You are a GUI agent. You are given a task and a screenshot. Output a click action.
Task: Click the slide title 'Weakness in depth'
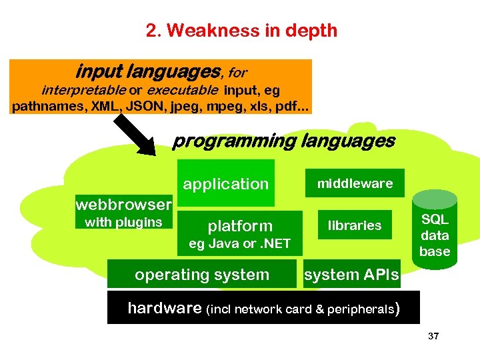241,31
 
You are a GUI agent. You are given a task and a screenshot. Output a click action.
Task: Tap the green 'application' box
225,183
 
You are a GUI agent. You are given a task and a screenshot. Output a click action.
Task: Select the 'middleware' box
355,183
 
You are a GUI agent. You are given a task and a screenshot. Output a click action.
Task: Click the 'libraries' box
355,225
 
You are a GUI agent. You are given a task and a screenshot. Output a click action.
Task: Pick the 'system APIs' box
351,274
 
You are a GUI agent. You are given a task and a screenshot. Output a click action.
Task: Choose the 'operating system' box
201,274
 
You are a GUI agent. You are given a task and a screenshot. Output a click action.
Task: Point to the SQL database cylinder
435,230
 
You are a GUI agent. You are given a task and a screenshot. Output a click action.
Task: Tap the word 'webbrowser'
124,203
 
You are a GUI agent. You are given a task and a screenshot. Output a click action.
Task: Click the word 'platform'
240,226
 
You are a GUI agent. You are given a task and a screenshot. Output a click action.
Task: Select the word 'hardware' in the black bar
164,308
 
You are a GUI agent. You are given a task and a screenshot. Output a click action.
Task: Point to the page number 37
433,336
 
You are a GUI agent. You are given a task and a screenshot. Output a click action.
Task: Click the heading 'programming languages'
283,141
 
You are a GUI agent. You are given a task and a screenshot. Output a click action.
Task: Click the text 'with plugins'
123,222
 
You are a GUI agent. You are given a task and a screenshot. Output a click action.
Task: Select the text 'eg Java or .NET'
240,243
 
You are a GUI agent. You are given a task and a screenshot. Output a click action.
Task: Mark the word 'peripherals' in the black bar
361,309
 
